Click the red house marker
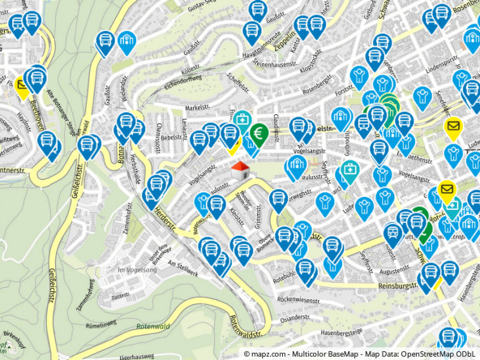(x=239, y=171)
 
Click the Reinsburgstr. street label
(x=396, y=286)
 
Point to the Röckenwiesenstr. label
(x=301, y=299)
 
